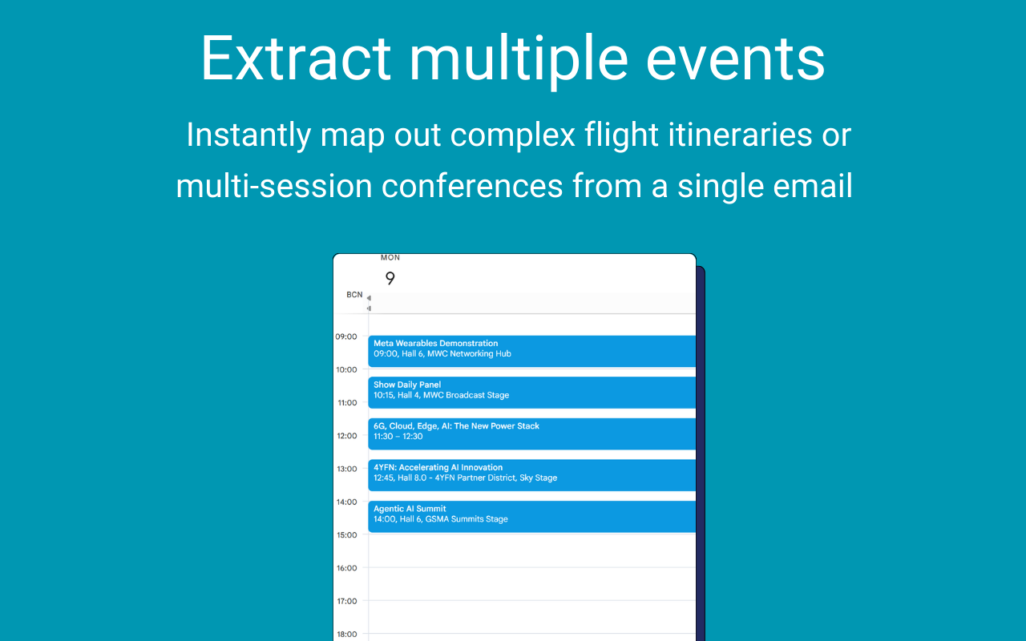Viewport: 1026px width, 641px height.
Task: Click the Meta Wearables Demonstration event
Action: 531,351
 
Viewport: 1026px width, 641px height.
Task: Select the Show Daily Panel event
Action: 531,393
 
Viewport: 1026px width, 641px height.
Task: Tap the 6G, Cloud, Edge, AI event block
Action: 531,433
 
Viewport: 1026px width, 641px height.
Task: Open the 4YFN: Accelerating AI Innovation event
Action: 531,475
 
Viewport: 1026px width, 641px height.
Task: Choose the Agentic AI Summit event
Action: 531,517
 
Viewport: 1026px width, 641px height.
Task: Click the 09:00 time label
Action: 345,337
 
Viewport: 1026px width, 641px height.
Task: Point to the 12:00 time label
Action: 347,436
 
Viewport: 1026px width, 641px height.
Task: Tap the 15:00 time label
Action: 347,534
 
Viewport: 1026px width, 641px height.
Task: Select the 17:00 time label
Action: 347,601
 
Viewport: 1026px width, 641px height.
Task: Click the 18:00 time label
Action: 347,634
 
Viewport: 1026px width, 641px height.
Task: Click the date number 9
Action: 390,278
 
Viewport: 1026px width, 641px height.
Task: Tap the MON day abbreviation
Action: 390,258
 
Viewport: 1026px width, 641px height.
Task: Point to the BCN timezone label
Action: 354,295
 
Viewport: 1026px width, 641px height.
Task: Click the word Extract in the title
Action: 296,58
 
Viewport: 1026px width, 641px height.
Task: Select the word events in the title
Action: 736,59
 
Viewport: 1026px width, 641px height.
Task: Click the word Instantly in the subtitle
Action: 248,135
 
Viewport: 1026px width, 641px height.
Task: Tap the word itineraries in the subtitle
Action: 740,135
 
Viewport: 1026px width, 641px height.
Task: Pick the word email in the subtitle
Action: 810,187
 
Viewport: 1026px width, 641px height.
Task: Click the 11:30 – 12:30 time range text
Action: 398,437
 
